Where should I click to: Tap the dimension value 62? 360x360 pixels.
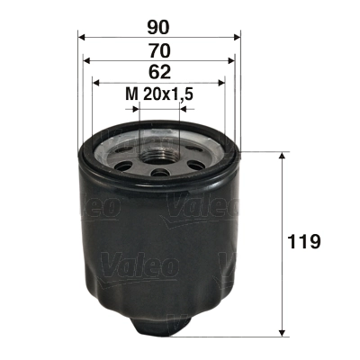[x=159, y=72]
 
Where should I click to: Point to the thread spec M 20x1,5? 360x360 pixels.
[x=159, y=94]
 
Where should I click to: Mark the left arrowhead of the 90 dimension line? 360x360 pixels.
[x=82, y=38]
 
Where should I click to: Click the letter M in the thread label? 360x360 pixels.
[x=130, y=94]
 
